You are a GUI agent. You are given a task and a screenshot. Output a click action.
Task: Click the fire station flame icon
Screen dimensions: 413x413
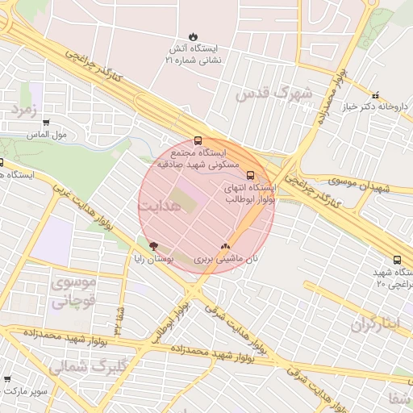click(192, 36)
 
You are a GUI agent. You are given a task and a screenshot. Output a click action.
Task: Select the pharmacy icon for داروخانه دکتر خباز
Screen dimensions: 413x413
click(375, 95)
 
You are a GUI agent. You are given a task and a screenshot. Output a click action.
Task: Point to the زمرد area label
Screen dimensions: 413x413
click(24, 109)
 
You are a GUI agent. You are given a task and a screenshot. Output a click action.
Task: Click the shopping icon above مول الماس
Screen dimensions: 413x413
click(46, 123)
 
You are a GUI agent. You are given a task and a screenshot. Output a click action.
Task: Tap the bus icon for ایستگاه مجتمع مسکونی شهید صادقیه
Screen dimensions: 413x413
click(198, 140)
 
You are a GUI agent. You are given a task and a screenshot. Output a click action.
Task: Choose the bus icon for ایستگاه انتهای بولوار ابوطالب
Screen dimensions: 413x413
click(250, 174)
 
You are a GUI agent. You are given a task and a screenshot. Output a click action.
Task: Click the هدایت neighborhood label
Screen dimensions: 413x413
click(156, 206)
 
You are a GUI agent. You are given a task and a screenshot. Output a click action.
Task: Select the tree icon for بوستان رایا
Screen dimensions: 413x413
click(153, 246)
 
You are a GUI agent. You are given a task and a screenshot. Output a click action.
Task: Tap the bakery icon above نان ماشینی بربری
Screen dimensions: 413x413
click(225, 246)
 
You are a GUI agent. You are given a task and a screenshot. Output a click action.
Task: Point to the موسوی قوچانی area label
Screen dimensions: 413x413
click(74, 293)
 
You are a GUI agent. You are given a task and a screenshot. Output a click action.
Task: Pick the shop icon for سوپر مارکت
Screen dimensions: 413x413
click(7, 379)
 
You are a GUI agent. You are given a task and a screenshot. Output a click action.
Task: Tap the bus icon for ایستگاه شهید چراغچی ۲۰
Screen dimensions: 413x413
click(397, 260)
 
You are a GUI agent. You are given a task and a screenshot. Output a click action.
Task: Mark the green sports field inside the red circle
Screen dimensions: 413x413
click(182, 199)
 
